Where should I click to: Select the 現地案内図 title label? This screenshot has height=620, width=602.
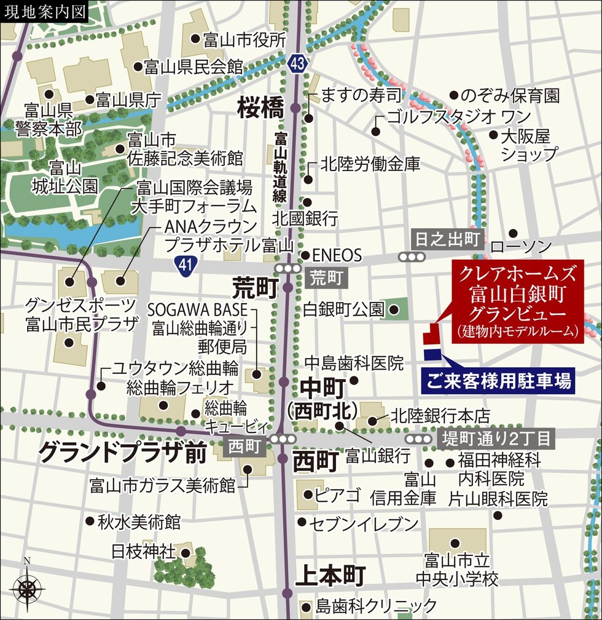pyautogui.click(x=45, y=12)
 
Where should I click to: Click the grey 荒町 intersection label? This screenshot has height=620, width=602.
pyautogui.click(x=326, y=278)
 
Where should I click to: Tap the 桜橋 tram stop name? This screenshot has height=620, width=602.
pyautogui.click(x=260, y=109)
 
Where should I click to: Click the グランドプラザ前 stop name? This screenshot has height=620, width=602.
pyautogui.click(x=122, y=453)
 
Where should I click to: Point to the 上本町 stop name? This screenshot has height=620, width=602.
pyautogui.click(x=330, y=576)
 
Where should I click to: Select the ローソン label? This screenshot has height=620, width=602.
pyautogui.click(x=522, y=247)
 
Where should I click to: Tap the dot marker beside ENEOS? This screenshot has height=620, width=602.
pyautogui.click(x=305, y=256)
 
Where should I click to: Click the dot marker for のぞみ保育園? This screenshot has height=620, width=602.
pyautogui.click(x=455, y=95)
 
